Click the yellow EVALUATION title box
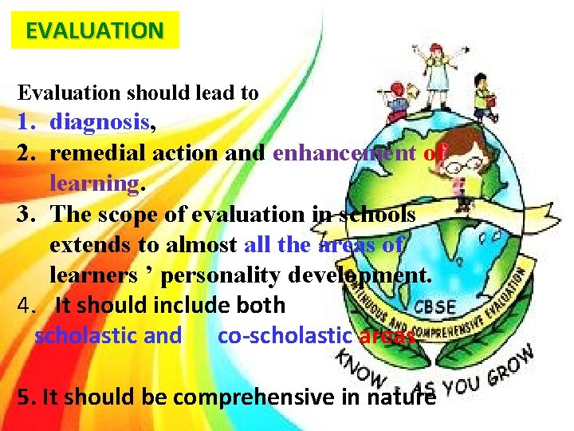coord(95,30)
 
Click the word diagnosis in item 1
coord(99,122)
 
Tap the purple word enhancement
coord(344,152)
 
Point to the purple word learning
coord(94,183)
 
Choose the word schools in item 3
coord(379,214)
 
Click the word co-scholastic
coord(285,336)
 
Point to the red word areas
coord(387,336)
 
